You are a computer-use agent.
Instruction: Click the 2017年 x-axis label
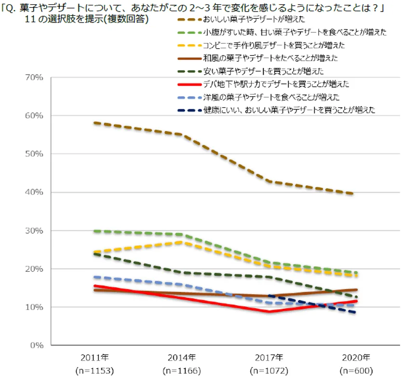(x=269, y=358)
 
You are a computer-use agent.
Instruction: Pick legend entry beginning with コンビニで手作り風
(x=274, y=45)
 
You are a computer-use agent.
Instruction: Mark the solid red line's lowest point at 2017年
(x=269, y=312)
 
